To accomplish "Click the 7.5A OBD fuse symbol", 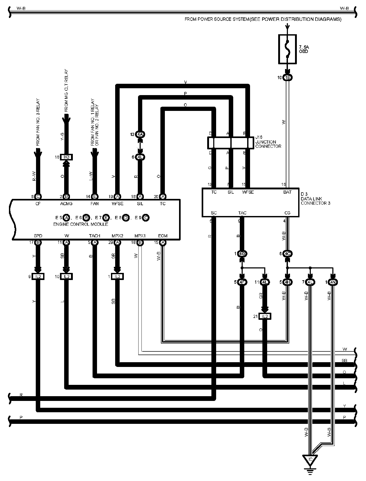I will pyautogui.click(x=287, y=49).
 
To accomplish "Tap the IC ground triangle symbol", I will pyautogui.click(x=311, y=459).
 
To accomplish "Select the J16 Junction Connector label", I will pyautogui.click(x=268, y=142).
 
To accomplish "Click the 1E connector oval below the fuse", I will pyautogui.click(x=288, y=78).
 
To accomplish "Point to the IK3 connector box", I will pyautogui.click(x=67, y=157).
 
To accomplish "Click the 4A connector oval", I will pyautogui.click(x=140, y=134).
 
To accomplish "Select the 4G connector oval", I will pyautogui.click(x=242, y=254).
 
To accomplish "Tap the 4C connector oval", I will pyautogui.click(x=288, y=254).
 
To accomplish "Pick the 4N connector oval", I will pyautogui.click(x=333, y=282).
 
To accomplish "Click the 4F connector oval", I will pyautogui.click(x=242, y=282).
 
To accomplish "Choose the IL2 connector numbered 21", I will pyautogui.click(x=265, y=316).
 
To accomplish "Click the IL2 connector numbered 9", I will pyautogui.click(x=38, y=277).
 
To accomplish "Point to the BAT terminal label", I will pyautogui.click(x=287, y=192).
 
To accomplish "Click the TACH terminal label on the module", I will pyautogui.click(x=95, y=236).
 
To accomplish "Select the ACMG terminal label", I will pyautogui.click(x=66, y=204).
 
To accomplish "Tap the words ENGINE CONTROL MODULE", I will pyautogui.click(x=81, y=224).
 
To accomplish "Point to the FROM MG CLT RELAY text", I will pyautogui.click(x=66, y=91).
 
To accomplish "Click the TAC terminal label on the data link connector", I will pyautogui.click(x=242, y=213).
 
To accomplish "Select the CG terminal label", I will pyautogui.click(x=287, y=213).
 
